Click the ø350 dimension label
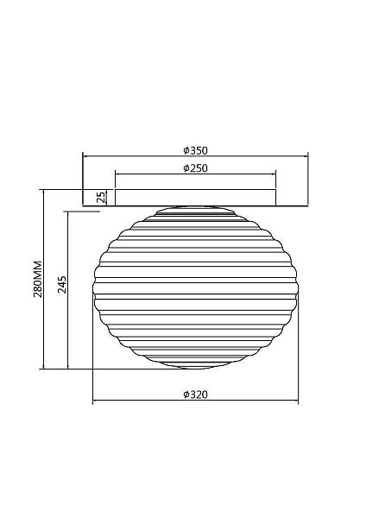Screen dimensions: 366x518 pyautogui.click(x=196, y=150)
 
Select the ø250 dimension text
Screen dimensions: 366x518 pyautogui.click(x=196, y=168)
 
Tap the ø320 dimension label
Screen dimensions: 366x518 pyautogui.click(x=196, y=395)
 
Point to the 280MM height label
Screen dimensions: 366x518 pyautogui.click(x=38, y=279)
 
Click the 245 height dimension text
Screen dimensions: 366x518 pyautogui.click(x=62, y=285)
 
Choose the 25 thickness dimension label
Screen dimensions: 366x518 pyautogui.click(x=102, y=197)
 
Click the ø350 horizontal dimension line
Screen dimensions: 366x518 pyautogui.click(x=195, y=156)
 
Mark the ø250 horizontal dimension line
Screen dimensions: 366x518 pyautogui.click(x=195, y=174)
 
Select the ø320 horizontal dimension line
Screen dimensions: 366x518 pyautogui.click(x=196, y=401)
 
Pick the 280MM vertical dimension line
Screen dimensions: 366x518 pyautogui.click(x=44, y=279)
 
